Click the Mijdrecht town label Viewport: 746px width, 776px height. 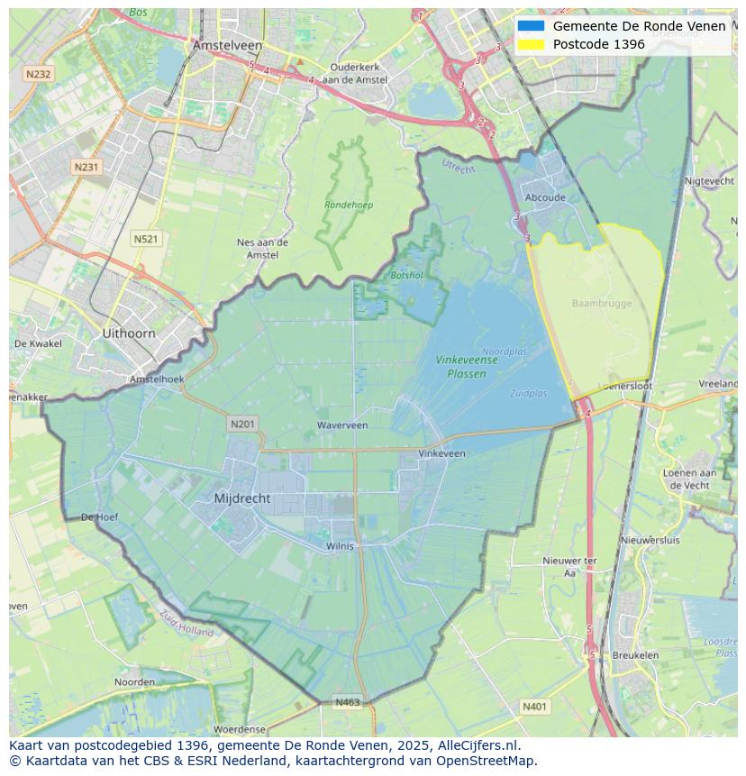point(242,498)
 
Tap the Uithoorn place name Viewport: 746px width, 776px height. point(129,333)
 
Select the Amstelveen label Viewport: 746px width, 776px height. point(227,45)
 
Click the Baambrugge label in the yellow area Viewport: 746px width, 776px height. point(602,304)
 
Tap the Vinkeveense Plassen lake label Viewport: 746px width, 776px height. point(467,366)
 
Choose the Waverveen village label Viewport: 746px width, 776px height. point(342,425)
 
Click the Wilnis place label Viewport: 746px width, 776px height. point(341,545)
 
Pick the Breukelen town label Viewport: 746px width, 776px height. point(635,655)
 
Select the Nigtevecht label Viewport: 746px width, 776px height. point(710,180)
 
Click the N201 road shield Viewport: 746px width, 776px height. point(242,424)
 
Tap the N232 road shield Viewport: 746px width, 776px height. point(38,74)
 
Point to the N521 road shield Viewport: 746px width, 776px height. point(145,239)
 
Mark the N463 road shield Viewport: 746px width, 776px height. point(348,702)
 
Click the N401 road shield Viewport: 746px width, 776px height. point(534,707)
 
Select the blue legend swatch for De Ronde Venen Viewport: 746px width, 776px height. point(531,26)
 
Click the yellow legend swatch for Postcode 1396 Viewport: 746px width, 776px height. point(531,44)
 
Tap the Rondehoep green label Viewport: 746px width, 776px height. point(349,205)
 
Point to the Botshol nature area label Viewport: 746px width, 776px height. point(406,275)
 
